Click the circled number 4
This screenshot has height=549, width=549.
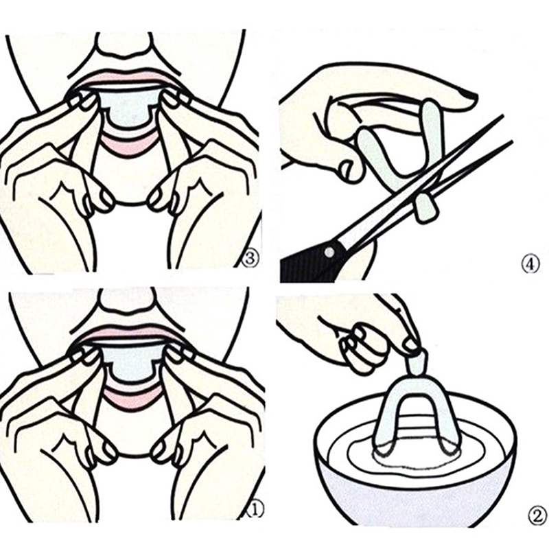coord(531,264)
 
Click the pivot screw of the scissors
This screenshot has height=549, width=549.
coord(329,251)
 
